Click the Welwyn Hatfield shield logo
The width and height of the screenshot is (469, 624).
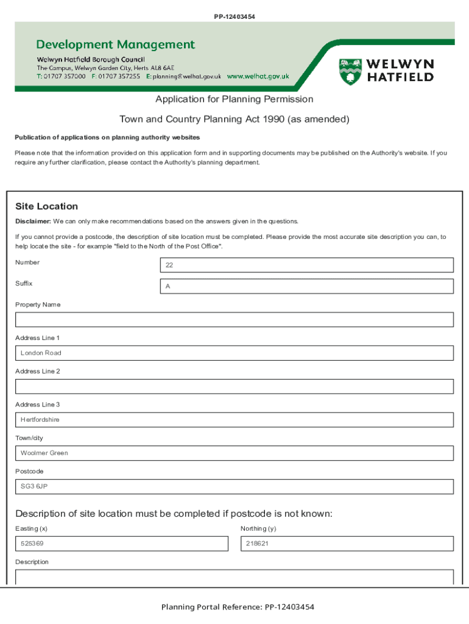[x=350, y=71]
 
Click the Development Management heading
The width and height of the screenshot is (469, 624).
[x=116, y=44]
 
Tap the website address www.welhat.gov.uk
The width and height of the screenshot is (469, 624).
[x=258, y=77]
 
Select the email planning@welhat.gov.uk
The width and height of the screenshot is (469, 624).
[x=183, y=77]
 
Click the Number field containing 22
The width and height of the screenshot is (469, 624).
[x=306, y=265]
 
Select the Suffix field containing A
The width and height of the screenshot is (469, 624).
[x=306, y=286]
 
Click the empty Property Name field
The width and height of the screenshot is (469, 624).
[x=234, y=320]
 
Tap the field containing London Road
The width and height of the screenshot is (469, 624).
[x=234, y=353]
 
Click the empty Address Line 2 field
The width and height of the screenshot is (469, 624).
[x=234, y=386]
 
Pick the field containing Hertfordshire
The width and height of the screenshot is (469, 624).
[x=234, y=420]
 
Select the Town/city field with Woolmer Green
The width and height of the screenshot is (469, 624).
[x=234, y=453]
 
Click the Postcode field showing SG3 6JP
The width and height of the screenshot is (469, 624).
[x=234, y=487]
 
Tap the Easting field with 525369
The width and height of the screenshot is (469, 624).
[x=121, y=544]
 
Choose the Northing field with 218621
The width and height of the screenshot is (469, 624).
[x=347, y=544]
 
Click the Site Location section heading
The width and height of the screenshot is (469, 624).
[x=47, y=207]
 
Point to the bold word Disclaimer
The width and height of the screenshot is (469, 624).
[x=33, y=221]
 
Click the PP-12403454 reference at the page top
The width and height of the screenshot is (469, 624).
[x=234, y=16]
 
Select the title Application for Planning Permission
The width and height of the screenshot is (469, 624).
[x=234, y=99]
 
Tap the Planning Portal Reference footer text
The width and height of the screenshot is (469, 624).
[x=238, y=607]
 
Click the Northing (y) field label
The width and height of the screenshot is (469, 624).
[x=258, y=529]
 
